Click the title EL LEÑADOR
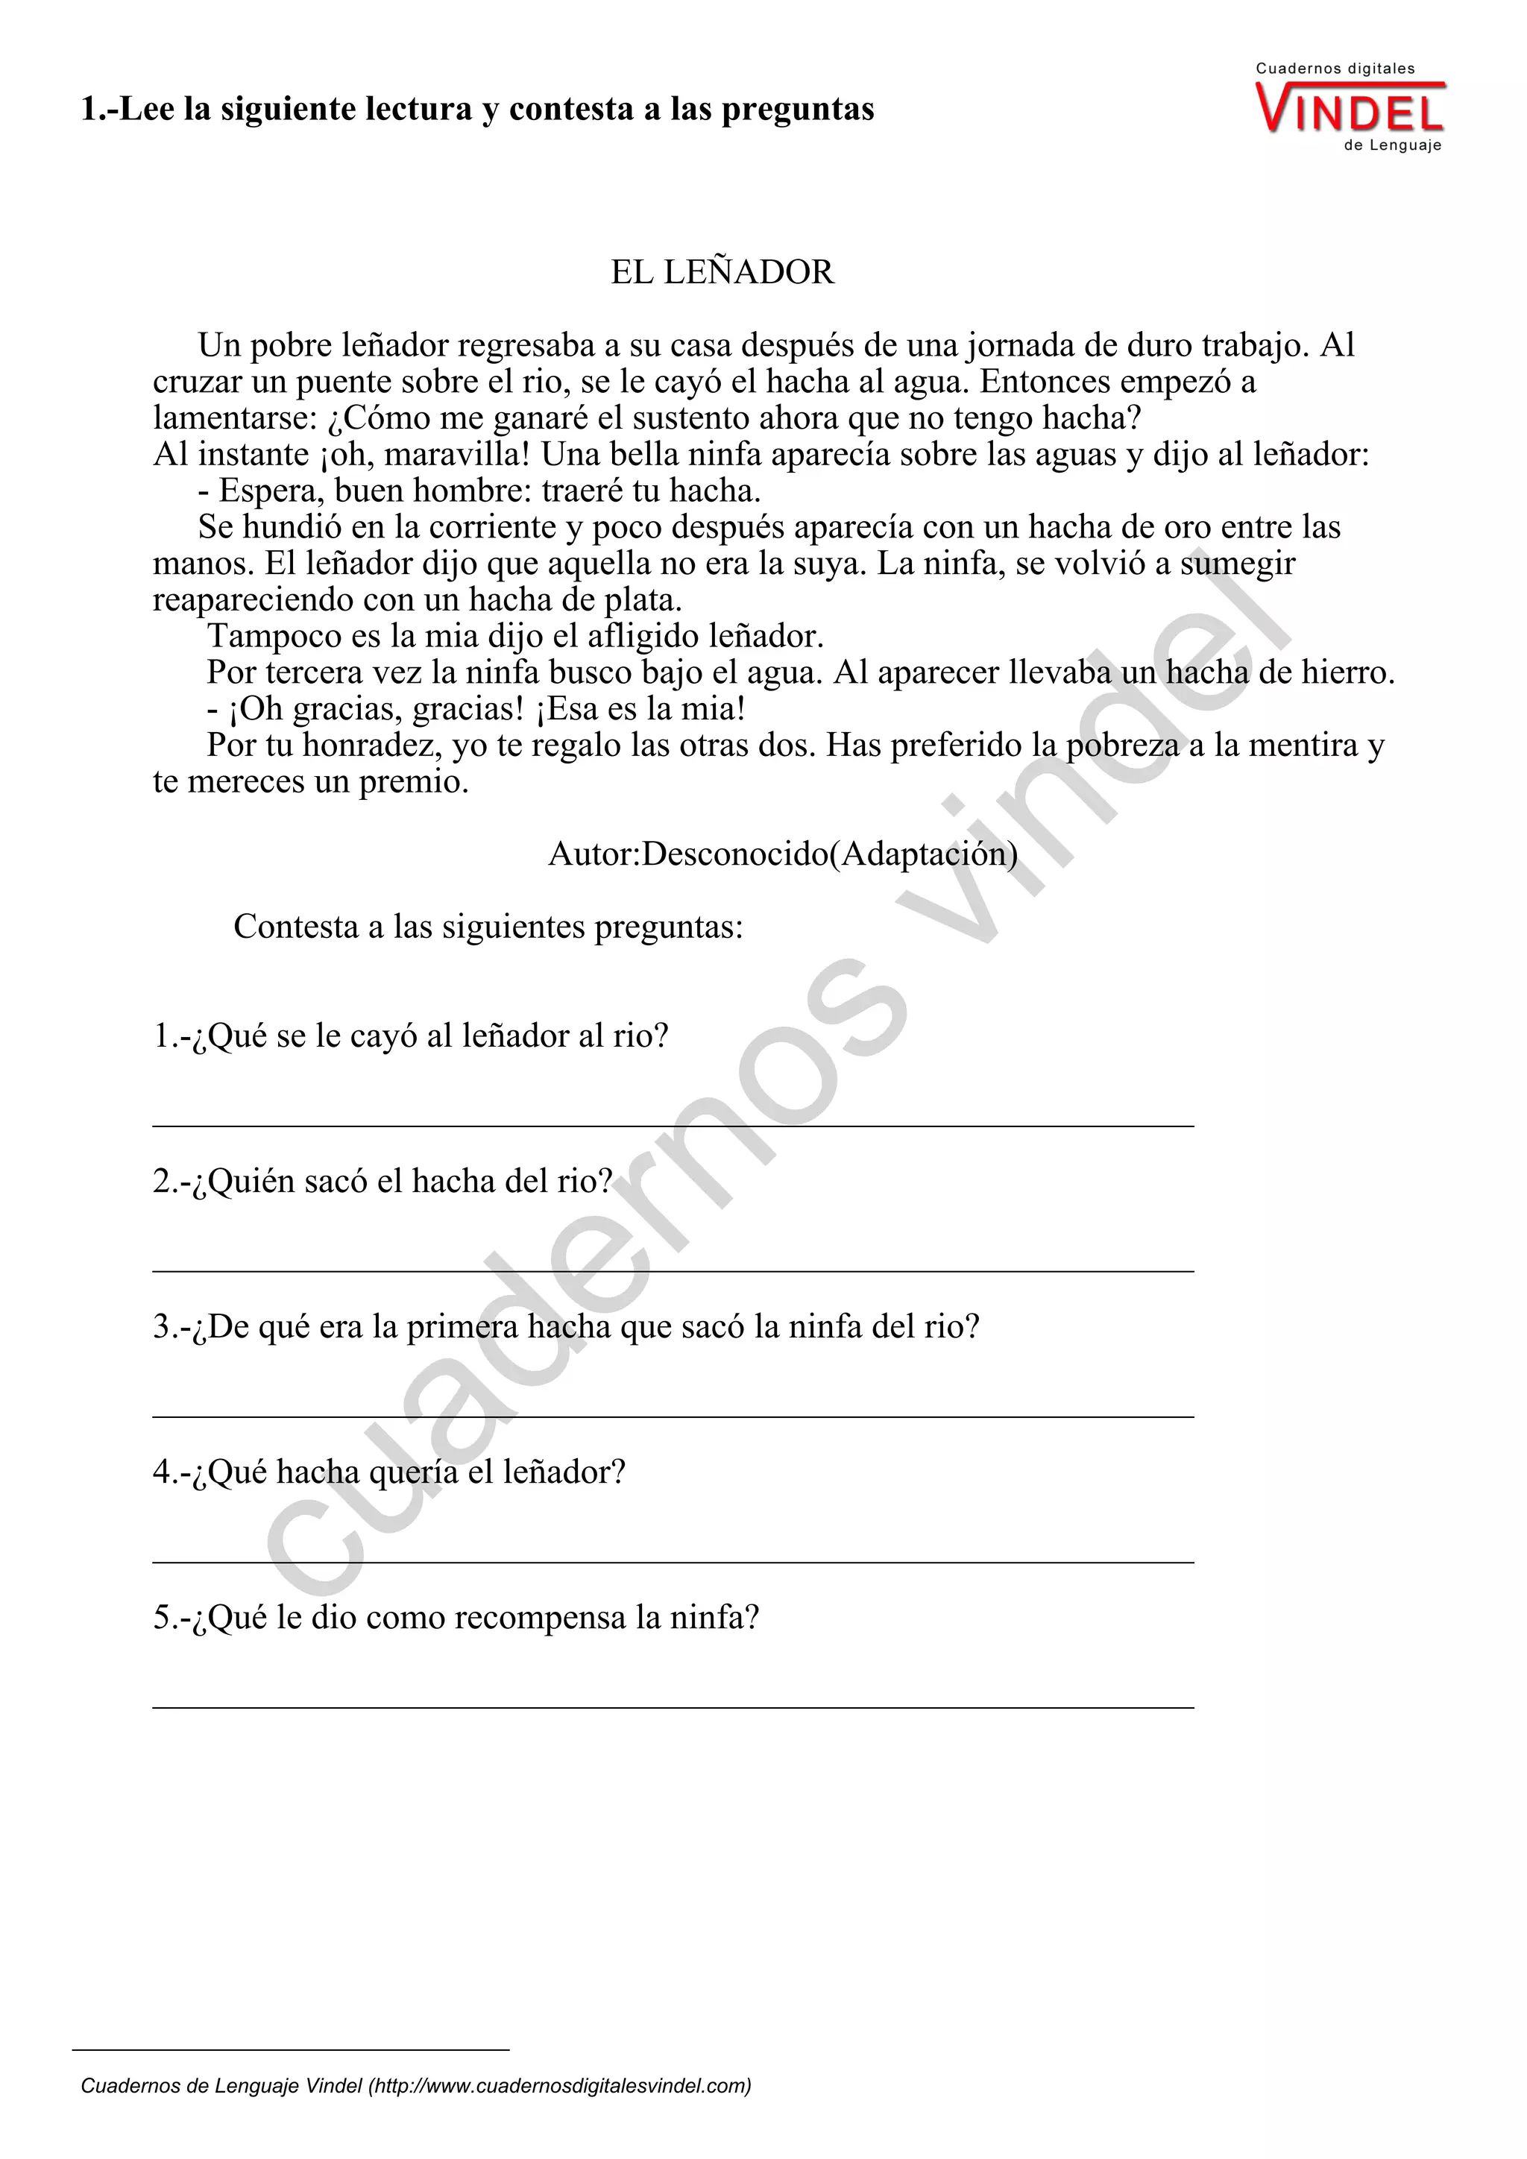pos(722,273)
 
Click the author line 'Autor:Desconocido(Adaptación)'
pos(782,854)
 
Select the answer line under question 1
pos(673,1125)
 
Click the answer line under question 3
pos(673,1415)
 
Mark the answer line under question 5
pos(673,1705)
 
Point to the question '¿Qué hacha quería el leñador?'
pos(389,1472)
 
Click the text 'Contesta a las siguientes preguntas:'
pos(488,927)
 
